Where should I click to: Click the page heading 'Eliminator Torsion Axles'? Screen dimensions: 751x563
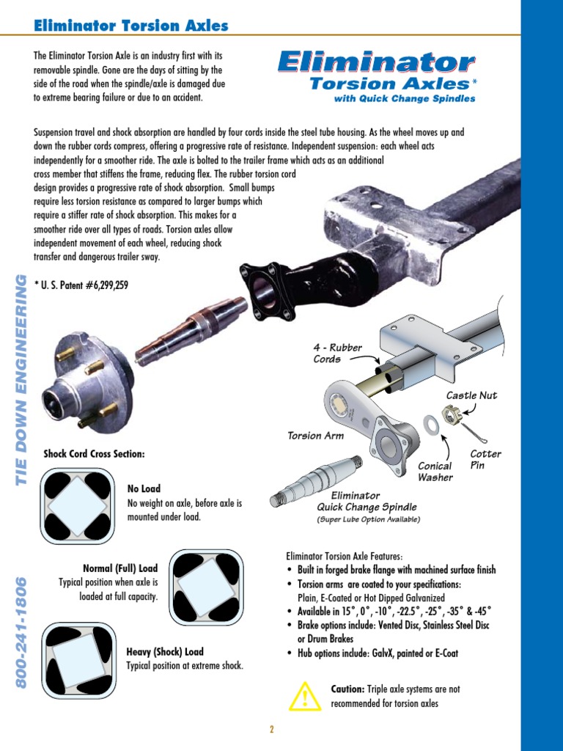point(131,26)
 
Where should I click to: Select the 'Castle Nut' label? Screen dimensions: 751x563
point(471,395)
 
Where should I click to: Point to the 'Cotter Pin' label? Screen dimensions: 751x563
point(485,460)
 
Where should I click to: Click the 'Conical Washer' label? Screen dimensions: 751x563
point(435,472)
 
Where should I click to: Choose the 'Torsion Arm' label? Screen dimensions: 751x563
point(315,436)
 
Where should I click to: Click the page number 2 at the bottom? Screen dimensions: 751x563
point(271,729)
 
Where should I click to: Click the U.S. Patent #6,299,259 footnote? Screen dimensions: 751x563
point(81,285)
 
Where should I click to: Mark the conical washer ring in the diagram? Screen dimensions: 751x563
point(430,424)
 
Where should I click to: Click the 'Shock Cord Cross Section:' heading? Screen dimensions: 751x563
point(95,454)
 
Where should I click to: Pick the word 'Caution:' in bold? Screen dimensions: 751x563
point(347,689)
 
